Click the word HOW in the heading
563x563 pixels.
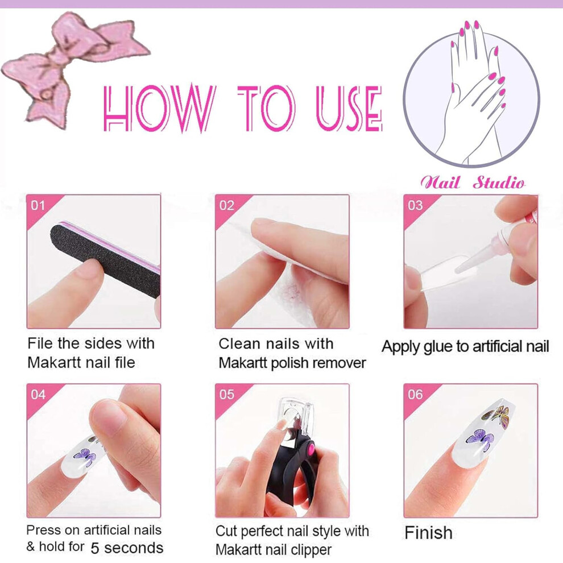159,107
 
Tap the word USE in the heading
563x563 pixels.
349,107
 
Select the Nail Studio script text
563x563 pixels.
473,183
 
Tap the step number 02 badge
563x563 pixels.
226,205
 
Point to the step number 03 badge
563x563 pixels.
415,205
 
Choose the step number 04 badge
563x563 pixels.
38,395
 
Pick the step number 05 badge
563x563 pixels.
226,395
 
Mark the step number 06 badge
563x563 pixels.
415,395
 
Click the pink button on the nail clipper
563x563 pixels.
310,449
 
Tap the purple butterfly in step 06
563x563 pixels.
480,440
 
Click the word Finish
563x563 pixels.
428,533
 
